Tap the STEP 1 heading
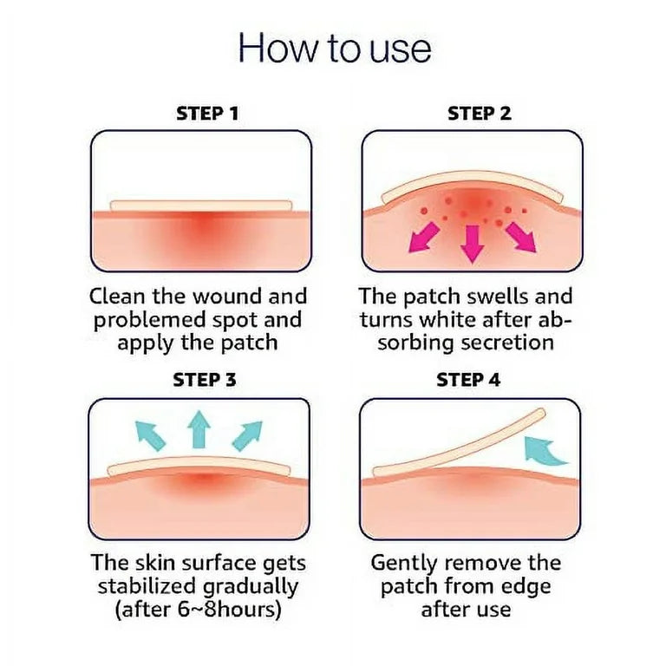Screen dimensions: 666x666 tap(207, 114)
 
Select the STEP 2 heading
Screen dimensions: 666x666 tap(480, 114)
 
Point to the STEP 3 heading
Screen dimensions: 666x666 tap(205, 380)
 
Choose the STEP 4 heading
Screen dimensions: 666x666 tap(468, 380)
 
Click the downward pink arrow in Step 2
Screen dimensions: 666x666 tap(473, 244)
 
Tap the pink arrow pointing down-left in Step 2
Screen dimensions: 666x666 tap(423, 238)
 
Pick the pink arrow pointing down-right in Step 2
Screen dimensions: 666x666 tap(521, 238)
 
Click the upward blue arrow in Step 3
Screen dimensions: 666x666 tap(199, 430)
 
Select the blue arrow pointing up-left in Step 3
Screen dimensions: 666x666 tap(150, 435)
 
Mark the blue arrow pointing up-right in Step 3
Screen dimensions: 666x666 tap(247, 435)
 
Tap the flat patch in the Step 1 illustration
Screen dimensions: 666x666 tap(201, 206)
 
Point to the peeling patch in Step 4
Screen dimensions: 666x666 tap(458, 445)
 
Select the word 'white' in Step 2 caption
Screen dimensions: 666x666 tap(451, 319)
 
